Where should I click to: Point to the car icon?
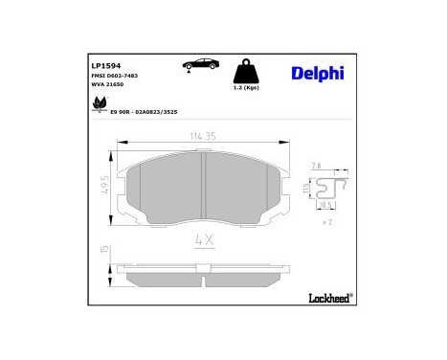click(199, 64)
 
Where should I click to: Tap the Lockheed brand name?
click(327, 300)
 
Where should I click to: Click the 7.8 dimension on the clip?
click(315, 166)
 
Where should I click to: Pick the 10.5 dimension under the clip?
click(325, 205)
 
